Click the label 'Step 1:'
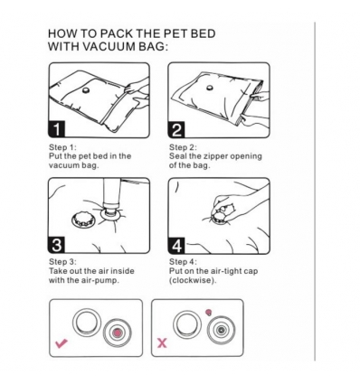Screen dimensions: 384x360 tap(62, 147)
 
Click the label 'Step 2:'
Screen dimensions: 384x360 tap(184, 147)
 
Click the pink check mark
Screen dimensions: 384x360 tap(61, 344)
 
